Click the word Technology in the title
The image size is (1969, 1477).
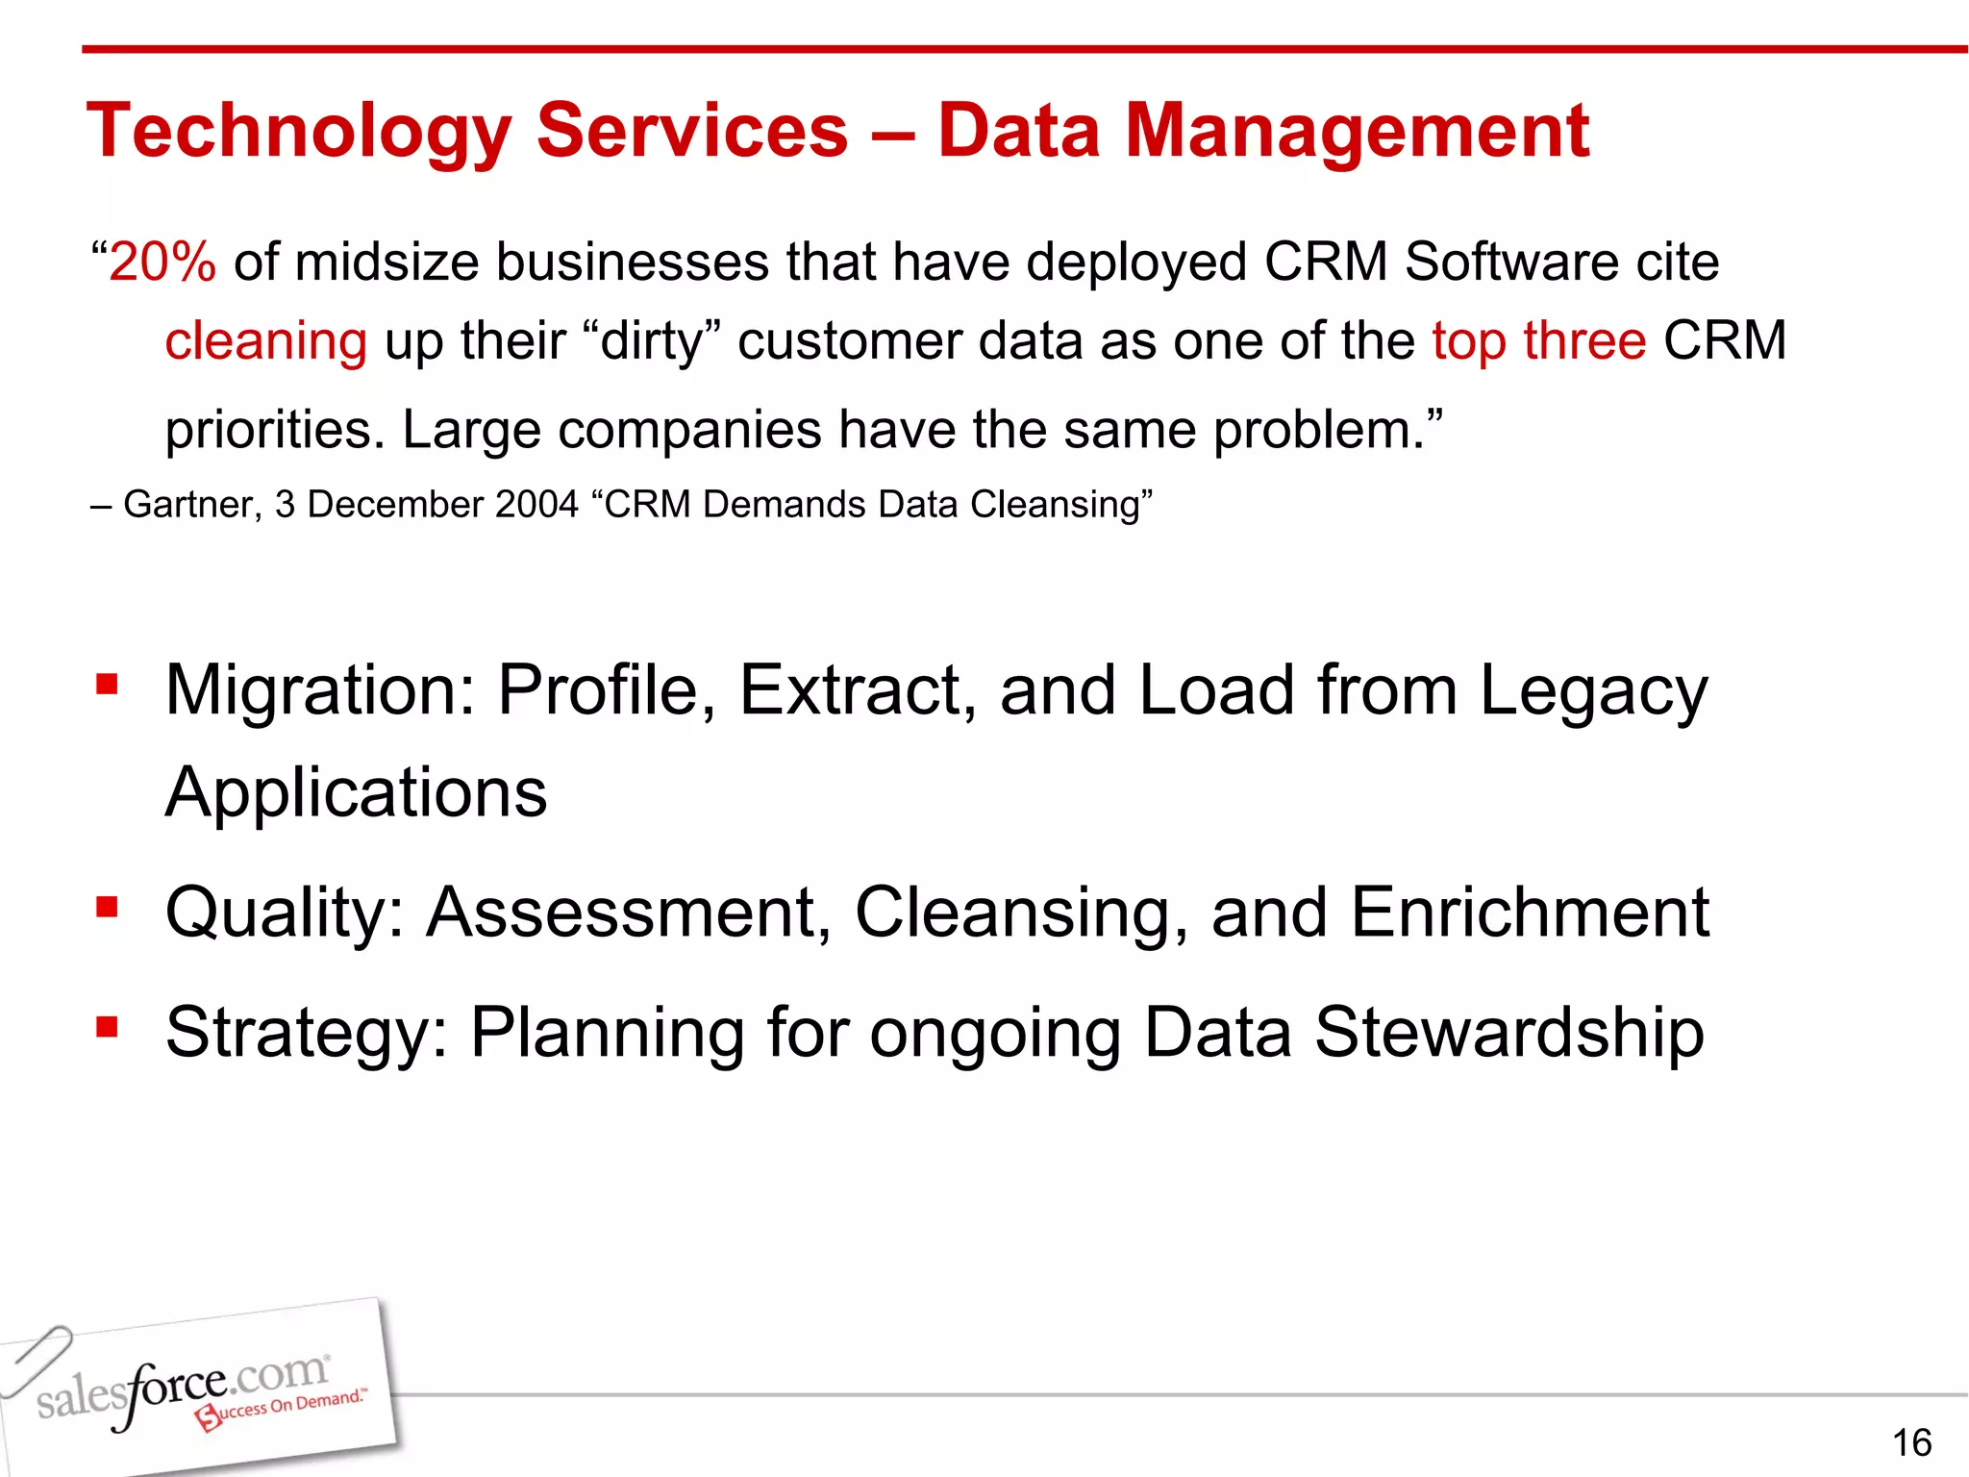[299, 132]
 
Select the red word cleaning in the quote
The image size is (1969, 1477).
[265, 341]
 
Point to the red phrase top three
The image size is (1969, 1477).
[1538, 340]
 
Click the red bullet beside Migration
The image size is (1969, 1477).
[107, 686]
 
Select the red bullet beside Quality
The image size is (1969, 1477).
[107, 907]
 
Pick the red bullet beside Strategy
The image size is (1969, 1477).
[107, 1027]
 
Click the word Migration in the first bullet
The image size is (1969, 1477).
[320, 691]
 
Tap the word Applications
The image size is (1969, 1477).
[356, 793]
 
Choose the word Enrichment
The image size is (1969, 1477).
[1530, 913]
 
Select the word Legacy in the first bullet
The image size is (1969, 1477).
[1593, 691]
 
